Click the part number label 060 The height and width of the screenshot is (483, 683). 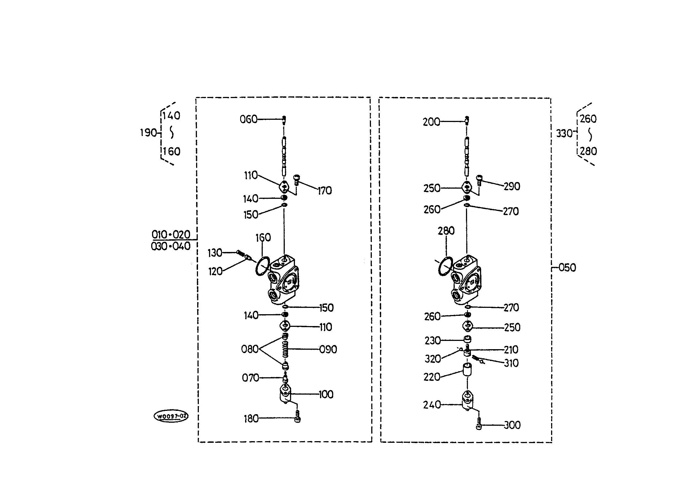[248, 119]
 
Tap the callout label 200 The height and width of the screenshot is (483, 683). [431, 122]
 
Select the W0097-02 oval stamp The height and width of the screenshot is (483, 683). [171, 416]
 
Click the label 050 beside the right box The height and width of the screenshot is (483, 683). [567, 268]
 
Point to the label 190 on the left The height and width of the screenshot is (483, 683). [148, 133]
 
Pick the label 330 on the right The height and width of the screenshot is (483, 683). [564, 134]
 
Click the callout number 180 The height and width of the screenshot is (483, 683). [251, 419]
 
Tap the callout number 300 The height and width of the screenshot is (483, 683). [512, 425]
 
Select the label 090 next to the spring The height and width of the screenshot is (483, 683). [328, 349]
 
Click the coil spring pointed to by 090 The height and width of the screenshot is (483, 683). [285, 349]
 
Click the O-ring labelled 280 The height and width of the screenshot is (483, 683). [445, 266]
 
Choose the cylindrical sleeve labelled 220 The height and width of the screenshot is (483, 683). [467, 370]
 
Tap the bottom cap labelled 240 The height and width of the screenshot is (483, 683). [467, 401]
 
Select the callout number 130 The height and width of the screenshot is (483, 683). [215, 253]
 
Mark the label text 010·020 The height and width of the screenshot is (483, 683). [171, 235]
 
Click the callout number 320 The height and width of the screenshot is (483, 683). [433, 359]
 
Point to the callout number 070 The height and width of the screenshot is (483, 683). [250, 378]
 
